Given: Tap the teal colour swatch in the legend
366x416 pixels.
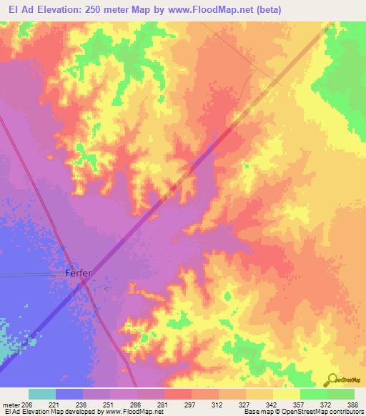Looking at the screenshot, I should (x=42, y=395).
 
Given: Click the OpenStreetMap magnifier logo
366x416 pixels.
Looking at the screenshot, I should (x=332, y=380).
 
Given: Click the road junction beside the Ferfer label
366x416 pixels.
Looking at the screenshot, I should (x=84, y=282).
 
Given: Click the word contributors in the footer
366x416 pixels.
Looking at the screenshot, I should (x=345, y=412).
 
